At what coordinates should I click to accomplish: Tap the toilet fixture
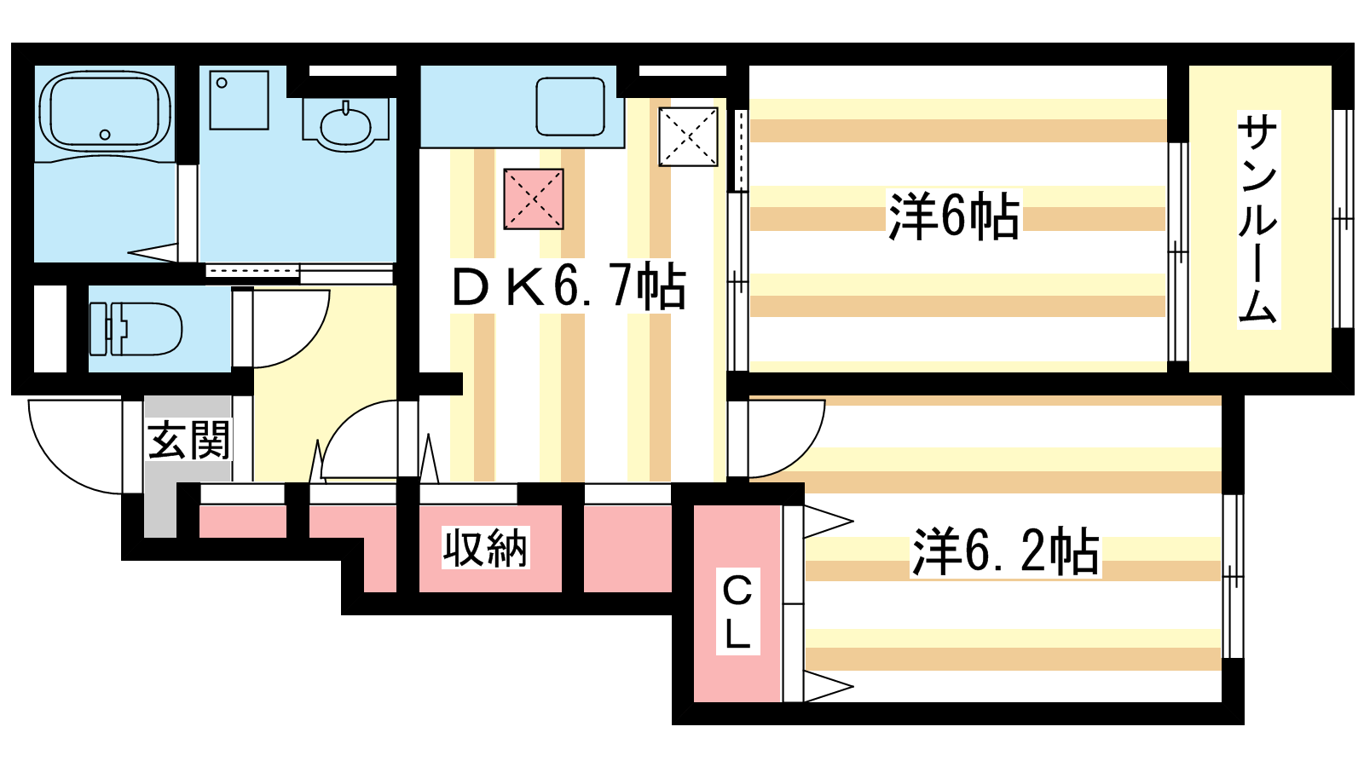click(136, 329)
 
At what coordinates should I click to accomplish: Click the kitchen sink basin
click(570, 107)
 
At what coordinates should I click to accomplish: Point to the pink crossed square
click(534, 199)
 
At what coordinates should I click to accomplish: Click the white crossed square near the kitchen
click(688, 137)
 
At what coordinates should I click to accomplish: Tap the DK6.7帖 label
click(569, 286)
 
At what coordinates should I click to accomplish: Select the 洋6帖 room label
click(954, 216)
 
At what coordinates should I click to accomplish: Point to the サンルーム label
click(1258, 219)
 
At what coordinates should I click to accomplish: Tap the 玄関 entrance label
click(188, 440)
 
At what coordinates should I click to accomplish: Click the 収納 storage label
click(485, 548)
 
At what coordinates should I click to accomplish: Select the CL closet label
click(737, 611)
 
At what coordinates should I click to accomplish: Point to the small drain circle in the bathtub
click(105, 135)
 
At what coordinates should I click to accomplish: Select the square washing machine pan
click(240, 100)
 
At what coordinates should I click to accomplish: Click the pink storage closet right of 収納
click(627, 548)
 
